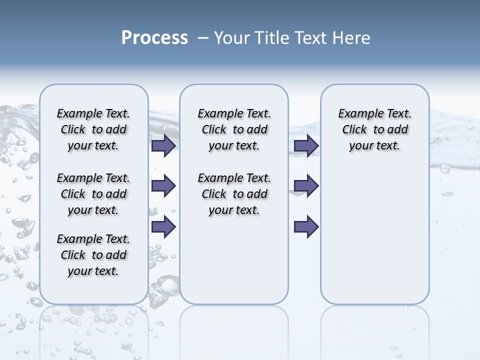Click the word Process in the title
(154, 38)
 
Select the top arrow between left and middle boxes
(163, 145)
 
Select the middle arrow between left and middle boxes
(163, 186)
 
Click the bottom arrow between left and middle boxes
(163, 226)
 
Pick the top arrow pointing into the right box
(306, 145)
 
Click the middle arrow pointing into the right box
(306, 186)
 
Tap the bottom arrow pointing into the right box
(306, 226)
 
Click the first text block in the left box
(93, 129)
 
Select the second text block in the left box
(93, 194)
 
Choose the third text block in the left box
(93, 255)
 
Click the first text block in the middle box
(234, 129)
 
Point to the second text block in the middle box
(234, 194)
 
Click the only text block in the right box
(375, 129)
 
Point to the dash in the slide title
(203, 38)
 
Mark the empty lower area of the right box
(375, 235)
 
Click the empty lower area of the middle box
(234, 260)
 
